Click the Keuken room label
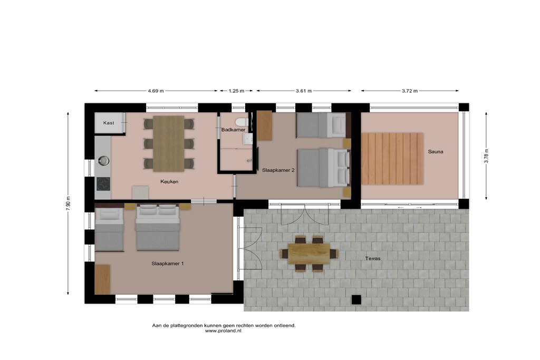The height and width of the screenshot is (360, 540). point(169,181)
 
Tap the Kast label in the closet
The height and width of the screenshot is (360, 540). point(109,123)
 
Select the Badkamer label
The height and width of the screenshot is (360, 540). point(233,130)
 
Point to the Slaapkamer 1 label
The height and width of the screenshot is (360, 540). point(167,264)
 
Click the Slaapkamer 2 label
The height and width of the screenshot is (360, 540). point(278,170)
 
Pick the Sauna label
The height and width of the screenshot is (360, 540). point(435,151)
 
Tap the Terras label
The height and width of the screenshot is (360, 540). point(373,258)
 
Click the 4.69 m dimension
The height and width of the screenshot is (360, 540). point(156,91)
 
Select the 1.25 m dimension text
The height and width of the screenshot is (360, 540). point(236,91)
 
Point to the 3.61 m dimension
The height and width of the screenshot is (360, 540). point(304,91)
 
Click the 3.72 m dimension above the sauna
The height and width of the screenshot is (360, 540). point(410,91)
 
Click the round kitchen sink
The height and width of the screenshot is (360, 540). point(103,160)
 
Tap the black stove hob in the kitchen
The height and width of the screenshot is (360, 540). point(103,184)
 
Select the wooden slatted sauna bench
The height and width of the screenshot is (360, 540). point(392,159)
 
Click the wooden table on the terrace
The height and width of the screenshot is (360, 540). point(309,254)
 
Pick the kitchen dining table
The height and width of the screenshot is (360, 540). point(169,144)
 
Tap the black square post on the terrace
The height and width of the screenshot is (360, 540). point(356,300)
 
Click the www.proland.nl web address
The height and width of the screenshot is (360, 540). point(223,330)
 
